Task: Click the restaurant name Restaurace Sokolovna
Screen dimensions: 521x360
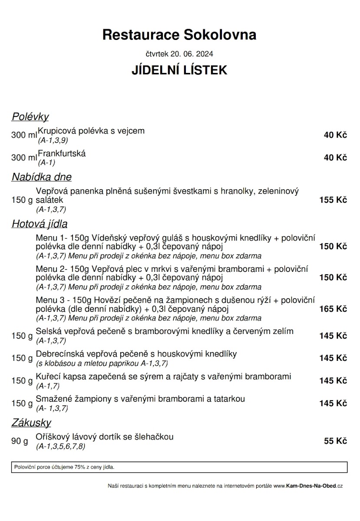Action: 179,35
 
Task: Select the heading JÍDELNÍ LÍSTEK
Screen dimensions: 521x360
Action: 179,70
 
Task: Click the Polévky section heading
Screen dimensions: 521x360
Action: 30,117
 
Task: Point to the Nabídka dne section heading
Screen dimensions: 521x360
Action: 41,177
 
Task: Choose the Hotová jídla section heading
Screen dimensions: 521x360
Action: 39,224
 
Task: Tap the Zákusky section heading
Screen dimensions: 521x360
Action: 31,422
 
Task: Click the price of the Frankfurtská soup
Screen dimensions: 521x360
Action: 335,158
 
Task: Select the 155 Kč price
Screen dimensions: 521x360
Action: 333,200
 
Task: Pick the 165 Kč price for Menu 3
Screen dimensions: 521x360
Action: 333,309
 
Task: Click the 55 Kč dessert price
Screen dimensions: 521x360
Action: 335,441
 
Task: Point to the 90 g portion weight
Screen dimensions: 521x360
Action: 20,442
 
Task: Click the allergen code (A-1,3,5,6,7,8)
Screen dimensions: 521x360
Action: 61,446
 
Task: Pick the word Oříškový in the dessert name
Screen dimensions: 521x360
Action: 52,437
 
